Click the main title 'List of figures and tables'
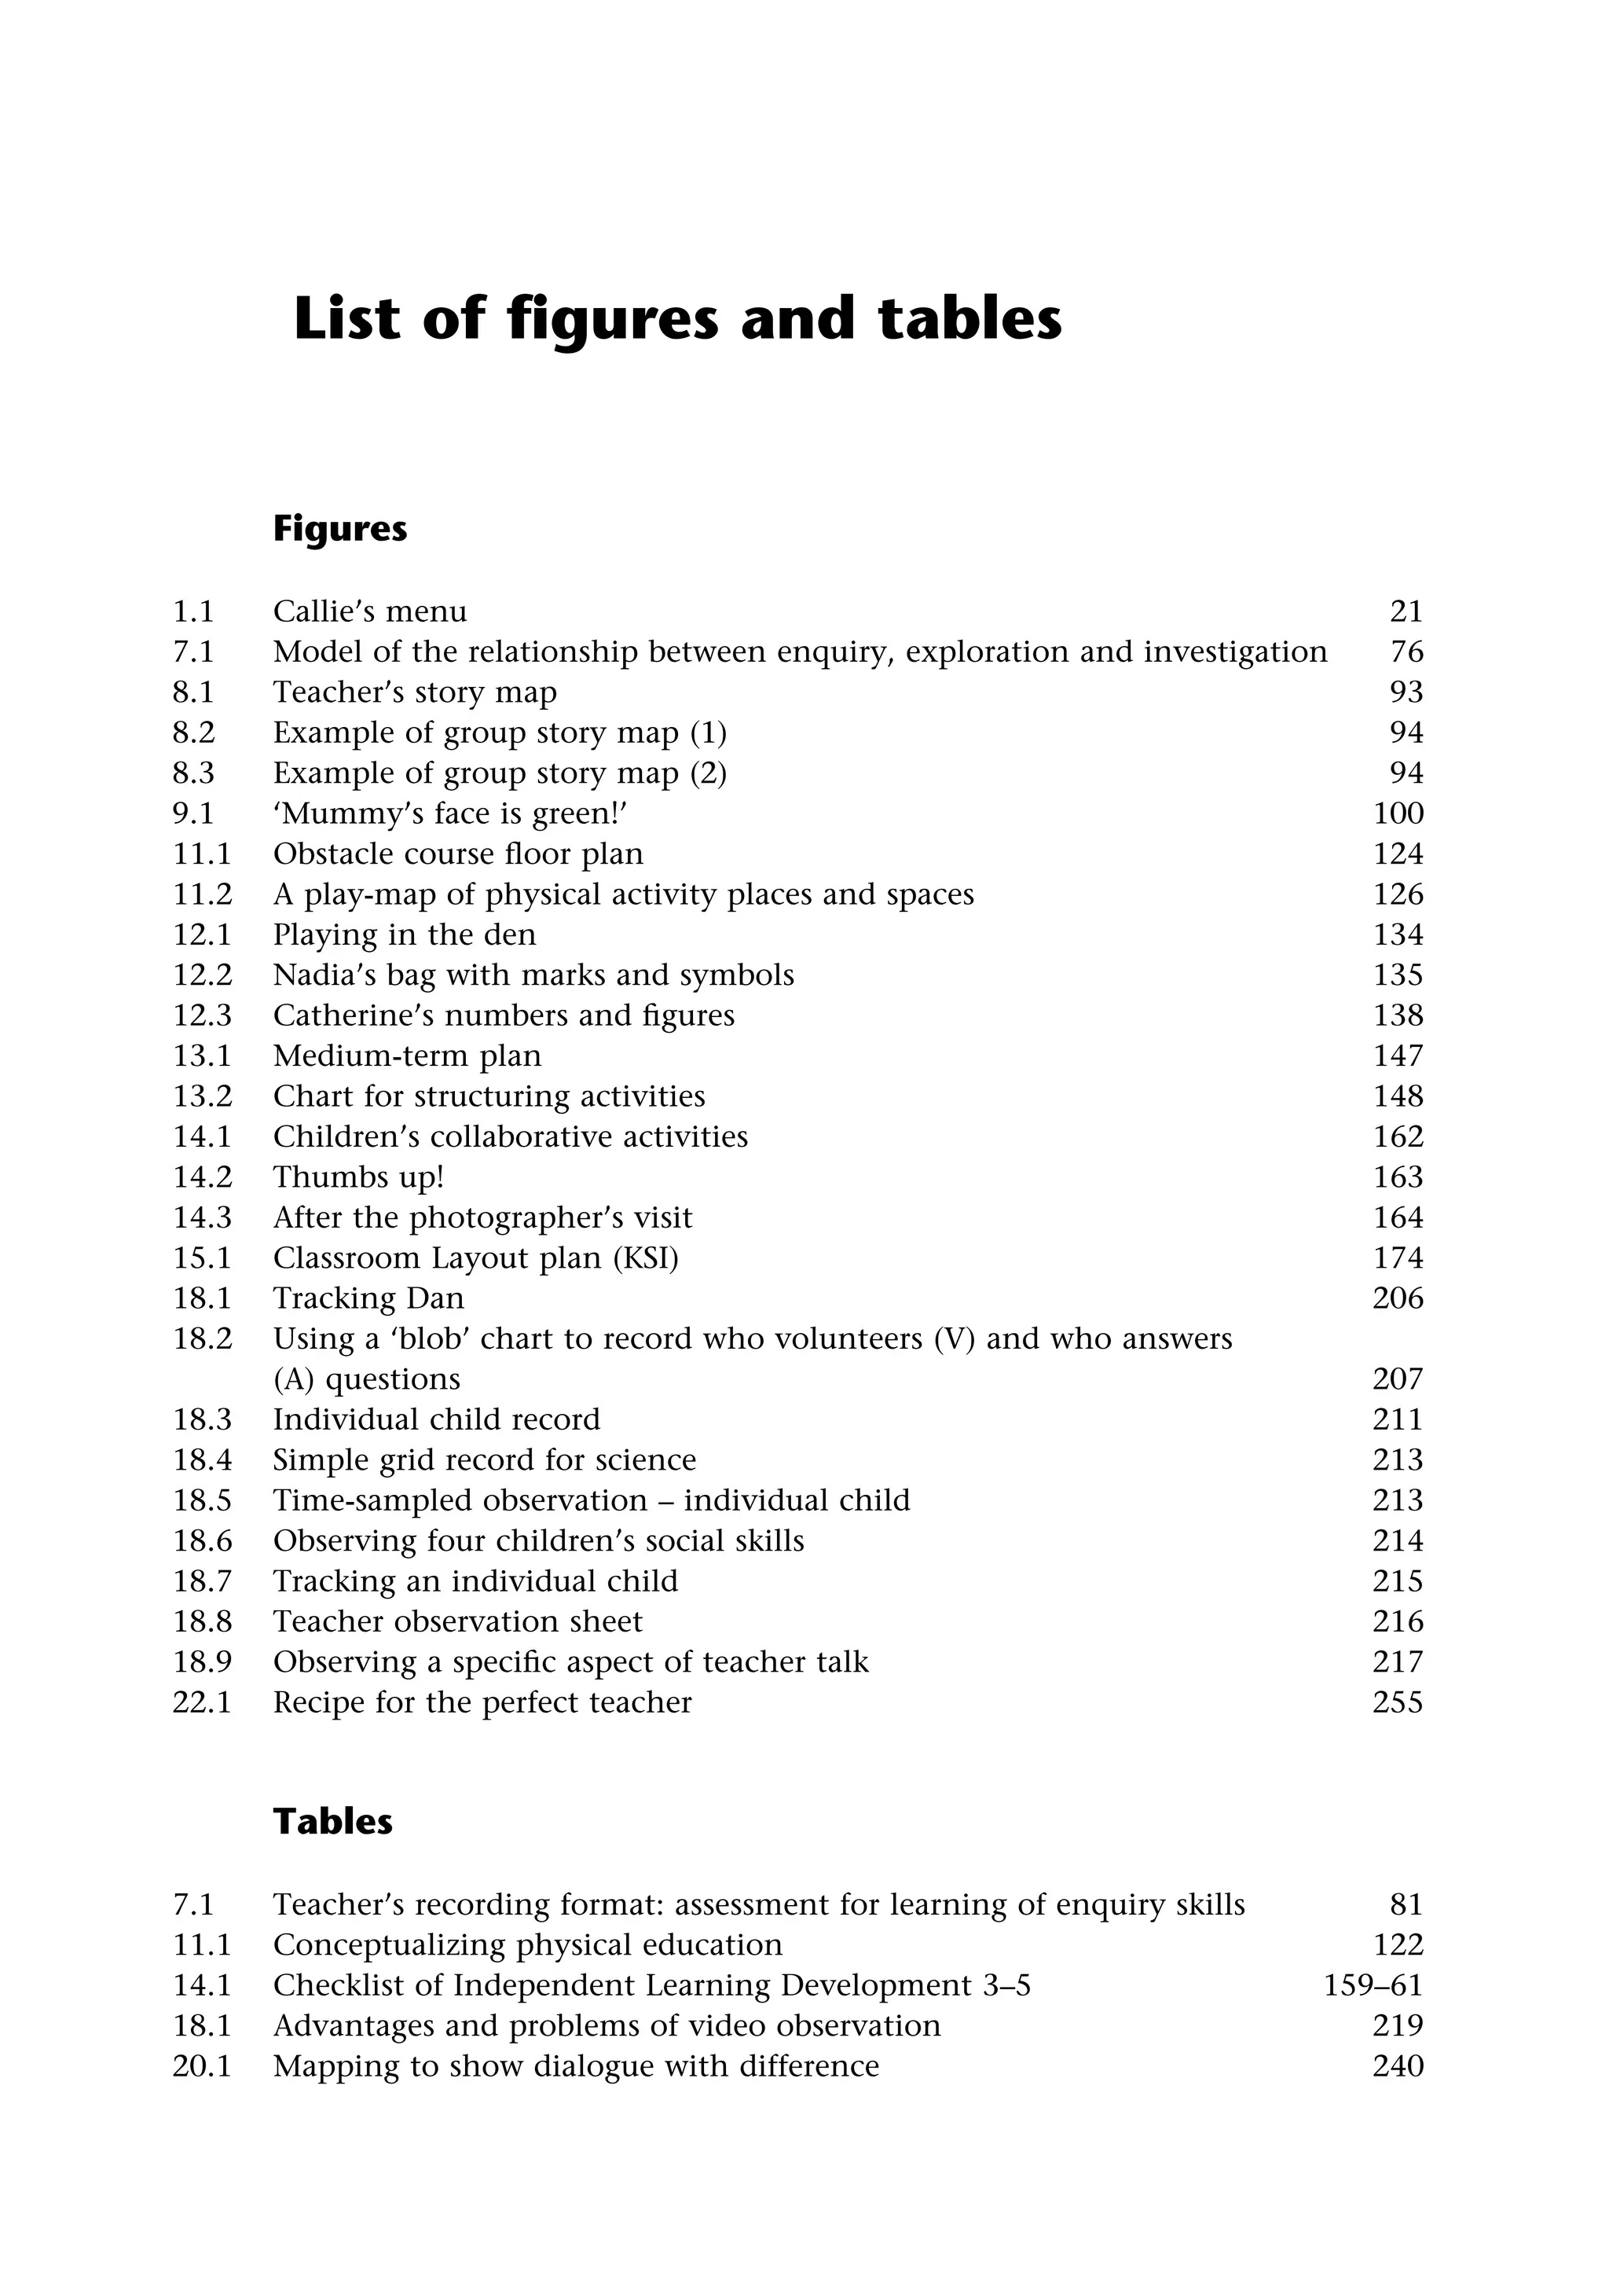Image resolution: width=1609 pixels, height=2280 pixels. [x=677, y=320]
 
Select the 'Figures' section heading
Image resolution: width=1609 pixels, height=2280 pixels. [x=339, y=529]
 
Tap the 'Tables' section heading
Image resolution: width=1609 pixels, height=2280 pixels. [x=332, y=1821]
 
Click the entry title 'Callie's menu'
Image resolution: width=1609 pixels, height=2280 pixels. [x=369, y=611]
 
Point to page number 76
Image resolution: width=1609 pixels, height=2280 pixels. [x=1406, y=652]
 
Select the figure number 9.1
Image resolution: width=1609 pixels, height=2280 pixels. [x=193, y=813]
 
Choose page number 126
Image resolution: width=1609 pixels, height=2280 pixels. [x=1398, y=894]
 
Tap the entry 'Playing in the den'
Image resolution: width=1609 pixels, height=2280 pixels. [x=404, y=934]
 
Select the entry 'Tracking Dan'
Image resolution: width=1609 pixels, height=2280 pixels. [x=368, y=1299]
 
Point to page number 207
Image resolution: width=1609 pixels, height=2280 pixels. [x=1398, y=1379]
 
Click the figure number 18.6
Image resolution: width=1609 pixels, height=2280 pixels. [x=203, y=1541]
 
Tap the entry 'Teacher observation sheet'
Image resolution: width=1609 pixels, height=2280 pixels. [x=457, y=1621]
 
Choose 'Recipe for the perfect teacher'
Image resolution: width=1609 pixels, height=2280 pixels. [x=482, y=1703]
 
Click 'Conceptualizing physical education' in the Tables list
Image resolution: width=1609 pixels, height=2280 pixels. [x=527, y=1945]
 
